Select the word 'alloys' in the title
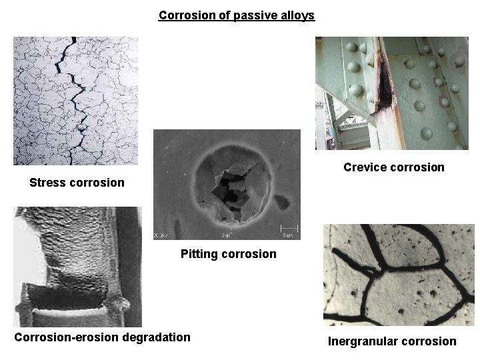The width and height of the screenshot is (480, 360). click(297, 15)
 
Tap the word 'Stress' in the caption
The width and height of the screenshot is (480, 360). click(48, 183)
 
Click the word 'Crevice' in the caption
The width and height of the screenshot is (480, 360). click(365, 167)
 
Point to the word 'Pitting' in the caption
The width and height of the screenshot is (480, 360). click(199, 254)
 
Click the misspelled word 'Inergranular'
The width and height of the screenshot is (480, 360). click(362, 341)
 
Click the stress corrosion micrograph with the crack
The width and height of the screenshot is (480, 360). click(75, 101)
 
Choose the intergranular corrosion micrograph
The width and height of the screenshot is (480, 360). click(399, 275)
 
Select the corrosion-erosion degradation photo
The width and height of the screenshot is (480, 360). click(77, 266)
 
